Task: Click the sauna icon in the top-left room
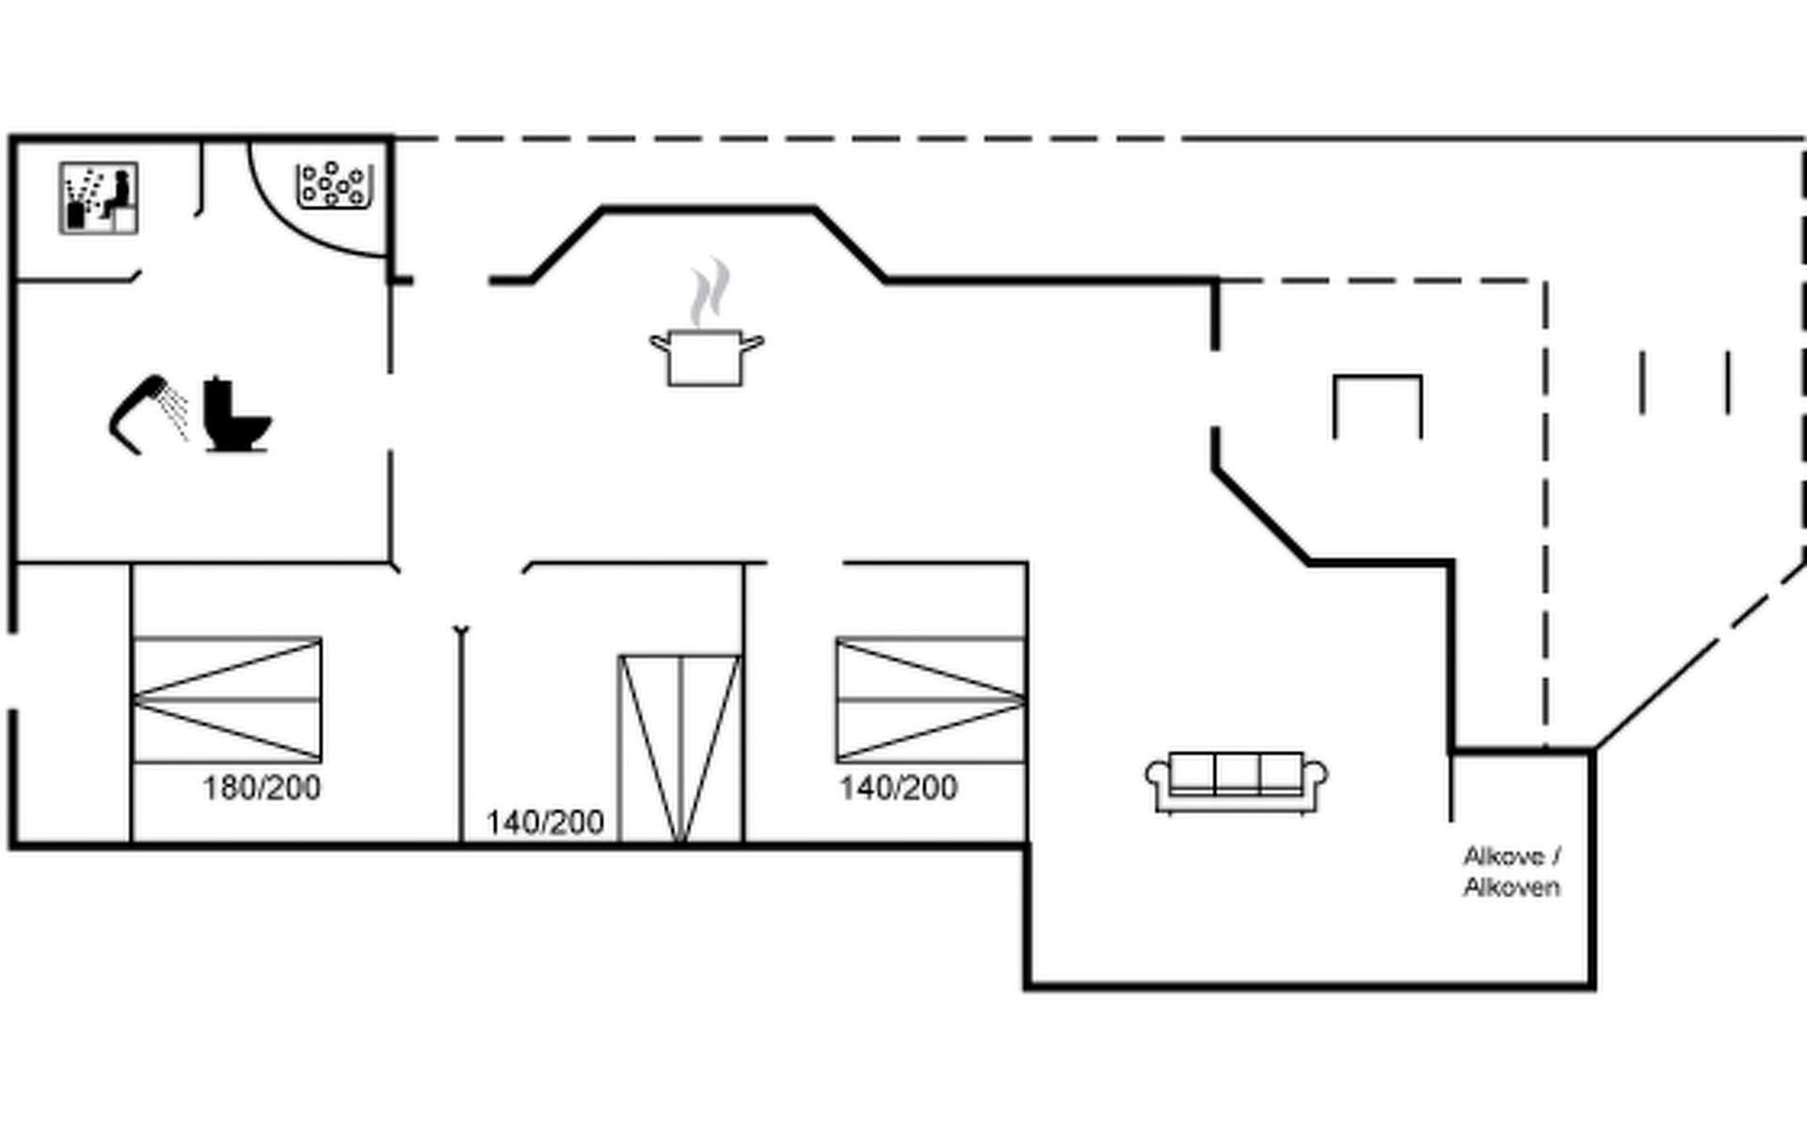tap(99, 198)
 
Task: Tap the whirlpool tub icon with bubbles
tap(334, 184)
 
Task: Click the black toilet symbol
tap(237, 415)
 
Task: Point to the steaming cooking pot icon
tap(706, 356)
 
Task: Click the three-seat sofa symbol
tap(1237, 782)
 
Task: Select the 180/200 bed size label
tap(262, 787)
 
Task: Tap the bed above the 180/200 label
tap(227, 700)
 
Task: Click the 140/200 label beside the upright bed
tap(545, 822)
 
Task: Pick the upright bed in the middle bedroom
tap(680, 748)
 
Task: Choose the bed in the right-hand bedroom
tap(931, 700)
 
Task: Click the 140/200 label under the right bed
tap(899, 787)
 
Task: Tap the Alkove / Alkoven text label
tap(1512, 871)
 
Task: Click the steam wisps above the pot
tap(709, 292)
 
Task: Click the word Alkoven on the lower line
tap(1512, 887)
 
